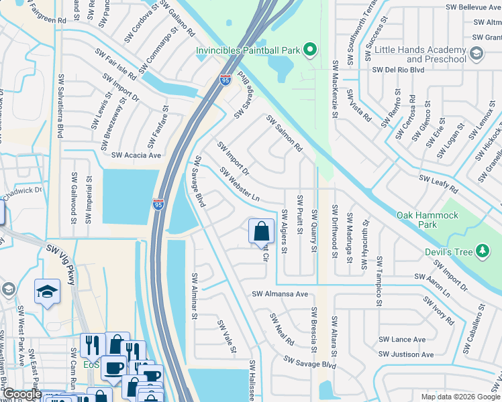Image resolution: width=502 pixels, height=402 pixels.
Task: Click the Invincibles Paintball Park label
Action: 247,50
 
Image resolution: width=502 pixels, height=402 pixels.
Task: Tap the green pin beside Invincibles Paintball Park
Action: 309,50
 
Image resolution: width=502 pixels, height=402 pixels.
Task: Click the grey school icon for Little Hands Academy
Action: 476,54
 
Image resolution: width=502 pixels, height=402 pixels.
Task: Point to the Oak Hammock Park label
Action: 427,220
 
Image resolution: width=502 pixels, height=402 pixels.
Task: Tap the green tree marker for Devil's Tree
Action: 482,251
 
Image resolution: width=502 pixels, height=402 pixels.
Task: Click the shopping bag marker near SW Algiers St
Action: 262,232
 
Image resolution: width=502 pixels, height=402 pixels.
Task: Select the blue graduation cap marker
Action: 48,291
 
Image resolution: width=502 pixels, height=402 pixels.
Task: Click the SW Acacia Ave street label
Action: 136,155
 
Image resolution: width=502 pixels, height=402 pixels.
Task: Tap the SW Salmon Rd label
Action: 285,133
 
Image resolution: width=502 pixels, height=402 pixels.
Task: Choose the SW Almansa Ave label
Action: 280,293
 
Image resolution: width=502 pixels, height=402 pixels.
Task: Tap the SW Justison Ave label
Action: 406,354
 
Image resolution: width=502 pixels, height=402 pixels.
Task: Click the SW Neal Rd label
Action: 281,329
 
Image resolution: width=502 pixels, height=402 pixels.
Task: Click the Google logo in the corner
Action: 21,395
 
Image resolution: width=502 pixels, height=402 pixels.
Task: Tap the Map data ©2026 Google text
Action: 460,397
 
